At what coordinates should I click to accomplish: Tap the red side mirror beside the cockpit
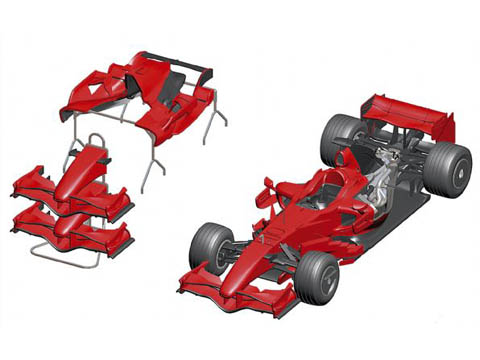click(267, 186)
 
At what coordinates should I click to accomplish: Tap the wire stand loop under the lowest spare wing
click(60, 250)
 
